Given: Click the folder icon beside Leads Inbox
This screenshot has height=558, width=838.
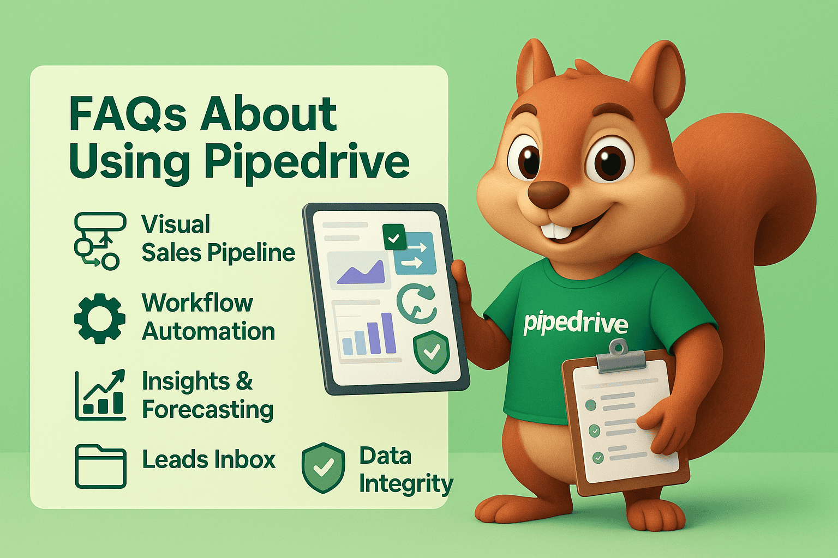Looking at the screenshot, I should coord(100,466).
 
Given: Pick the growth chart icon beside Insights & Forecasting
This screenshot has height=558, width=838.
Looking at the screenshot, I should coord(100,395).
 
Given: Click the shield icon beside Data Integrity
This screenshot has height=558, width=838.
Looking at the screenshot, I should coord(323,468).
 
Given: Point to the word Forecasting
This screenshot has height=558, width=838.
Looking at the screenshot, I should coord(207,410).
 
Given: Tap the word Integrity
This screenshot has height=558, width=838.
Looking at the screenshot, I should coord(405,484).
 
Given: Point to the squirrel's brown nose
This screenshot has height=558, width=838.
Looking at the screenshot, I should coord(548,194).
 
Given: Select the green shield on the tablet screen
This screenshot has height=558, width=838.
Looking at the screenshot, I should coord(431,351).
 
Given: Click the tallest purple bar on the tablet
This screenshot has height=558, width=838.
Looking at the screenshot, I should coord(388,333).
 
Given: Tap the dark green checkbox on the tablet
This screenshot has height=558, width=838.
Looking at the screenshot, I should coord(394,238).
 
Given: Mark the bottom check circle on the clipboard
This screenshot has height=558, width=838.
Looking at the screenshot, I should coord(598,458).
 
